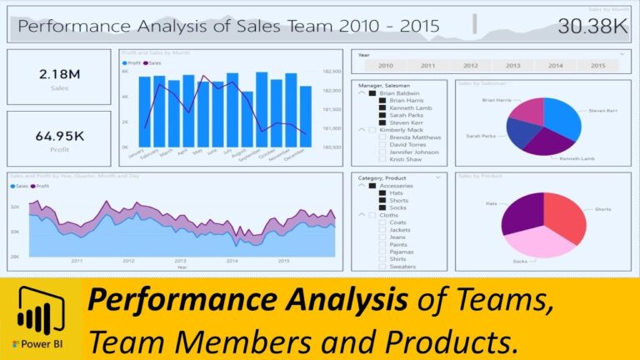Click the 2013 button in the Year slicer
click(x=512, y=65)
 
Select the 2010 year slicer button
click(x=385, y=65)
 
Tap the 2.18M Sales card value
click(x=59, y=74)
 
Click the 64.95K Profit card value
click(x=59, y=135)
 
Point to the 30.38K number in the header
click(x=592, y=27)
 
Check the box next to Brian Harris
click(x=382, y=100)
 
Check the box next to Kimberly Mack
click(x=372, y=130)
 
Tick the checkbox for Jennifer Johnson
click(x=382, y=152)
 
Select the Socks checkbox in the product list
click(x=382, y=207)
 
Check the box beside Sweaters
click(x=382, y=267)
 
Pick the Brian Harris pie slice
click(x=527, y=111)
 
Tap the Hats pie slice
click(x=523, y=212)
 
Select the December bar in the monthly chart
click(x=306, y=117)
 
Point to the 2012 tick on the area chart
click(x=128, y=261)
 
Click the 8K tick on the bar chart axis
click(x=125, y=72)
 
